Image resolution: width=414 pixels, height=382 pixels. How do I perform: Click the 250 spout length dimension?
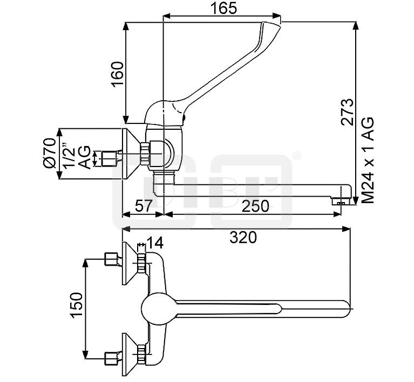(x=253, y=206)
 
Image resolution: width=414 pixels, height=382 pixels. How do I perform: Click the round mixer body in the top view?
(x=157, y=309)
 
